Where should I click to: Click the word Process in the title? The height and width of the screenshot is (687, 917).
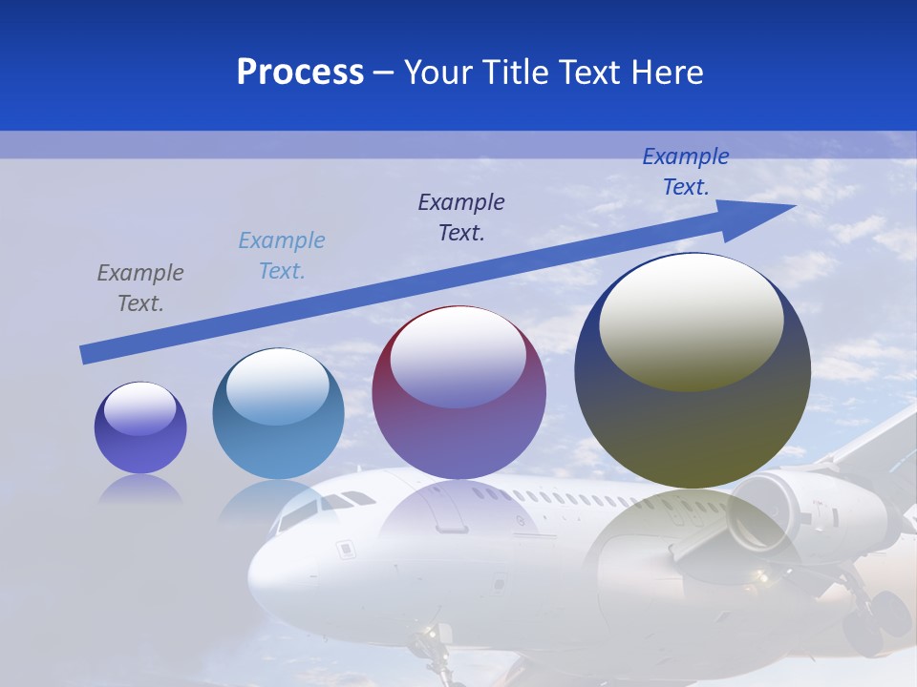(x=300, y=73)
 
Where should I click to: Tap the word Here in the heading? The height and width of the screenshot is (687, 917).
(x=666, y=73)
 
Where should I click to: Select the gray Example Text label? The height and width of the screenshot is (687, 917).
(x=140, y=288)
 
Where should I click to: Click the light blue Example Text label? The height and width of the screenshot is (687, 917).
(x=282, y=256)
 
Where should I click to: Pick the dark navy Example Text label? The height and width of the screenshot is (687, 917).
(x=461, y=217)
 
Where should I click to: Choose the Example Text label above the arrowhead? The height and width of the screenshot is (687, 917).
(x=686, y=172)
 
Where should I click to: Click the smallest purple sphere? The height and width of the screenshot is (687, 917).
(x=140, y=427)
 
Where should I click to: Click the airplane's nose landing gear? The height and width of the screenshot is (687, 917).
(x=436, y=649)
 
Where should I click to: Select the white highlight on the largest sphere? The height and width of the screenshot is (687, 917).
(x=692, y=321)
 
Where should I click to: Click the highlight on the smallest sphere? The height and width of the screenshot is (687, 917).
(x=140, y=409)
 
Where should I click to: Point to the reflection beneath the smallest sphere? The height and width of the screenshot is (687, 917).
(x=140, y=489)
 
